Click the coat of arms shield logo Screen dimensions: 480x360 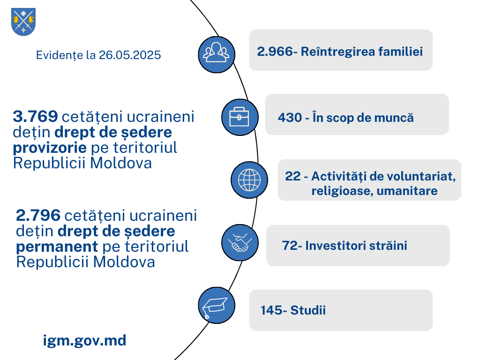[x=23, y=22]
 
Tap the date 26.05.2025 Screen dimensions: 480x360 [x=130, y=55]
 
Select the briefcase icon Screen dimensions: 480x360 [x=240, y=117]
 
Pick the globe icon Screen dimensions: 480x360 [x=249, y=180]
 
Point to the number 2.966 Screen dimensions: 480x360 [x=275, y=52]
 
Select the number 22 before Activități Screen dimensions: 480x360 [x=293, y=176]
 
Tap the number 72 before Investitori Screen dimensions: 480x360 [x=290, y=246]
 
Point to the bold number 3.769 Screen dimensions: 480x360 [x=36, y=116]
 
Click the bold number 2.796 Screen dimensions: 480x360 [x=38, y=215]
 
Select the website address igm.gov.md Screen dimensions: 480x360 [x=84, y=341]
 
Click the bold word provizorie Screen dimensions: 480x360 [x=50, y=148]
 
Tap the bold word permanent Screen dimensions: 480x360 [x=57, y=247]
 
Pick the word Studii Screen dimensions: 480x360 [x=308, y=310]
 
